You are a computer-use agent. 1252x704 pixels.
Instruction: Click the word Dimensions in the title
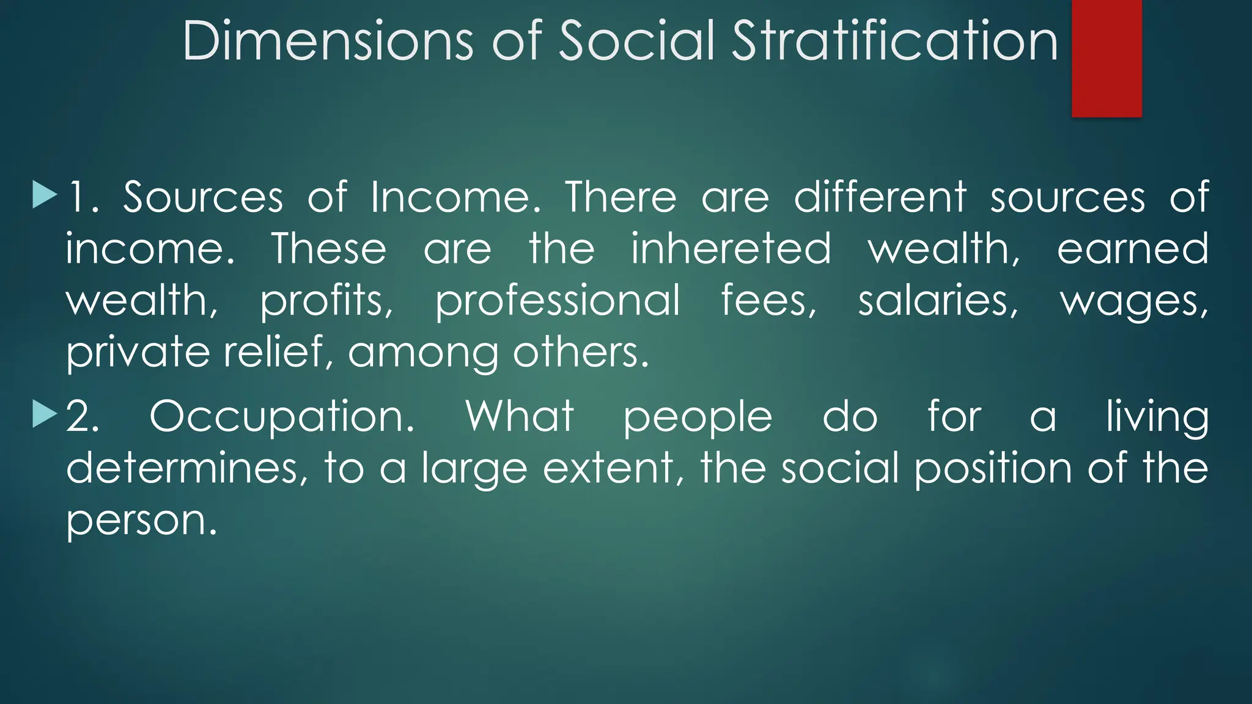[x=328, y=41]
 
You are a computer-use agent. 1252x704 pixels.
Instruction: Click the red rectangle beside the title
[x=1107, y=58]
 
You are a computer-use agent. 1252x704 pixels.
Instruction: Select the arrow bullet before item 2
[x=45, y=414]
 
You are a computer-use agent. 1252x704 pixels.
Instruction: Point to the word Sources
[x=203, y=197]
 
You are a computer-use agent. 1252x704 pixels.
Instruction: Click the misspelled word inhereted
[x=731, y=249]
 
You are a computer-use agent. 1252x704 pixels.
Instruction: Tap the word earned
[x=1132, y=249]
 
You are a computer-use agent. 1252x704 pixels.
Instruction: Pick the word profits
[x=326, y=301]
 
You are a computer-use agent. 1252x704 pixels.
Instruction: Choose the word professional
[x=557, y=301]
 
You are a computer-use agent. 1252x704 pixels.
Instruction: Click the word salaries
[x=938, y=301]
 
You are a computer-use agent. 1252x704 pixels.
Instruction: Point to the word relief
[x=273, y=353]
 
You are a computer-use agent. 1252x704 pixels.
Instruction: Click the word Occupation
[x=282, y=417]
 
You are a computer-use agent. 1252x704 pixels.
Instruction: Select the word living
[x=1157, y=417]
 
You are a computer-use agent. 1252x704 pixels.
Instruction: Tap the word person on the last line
[x=141, y=521]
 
